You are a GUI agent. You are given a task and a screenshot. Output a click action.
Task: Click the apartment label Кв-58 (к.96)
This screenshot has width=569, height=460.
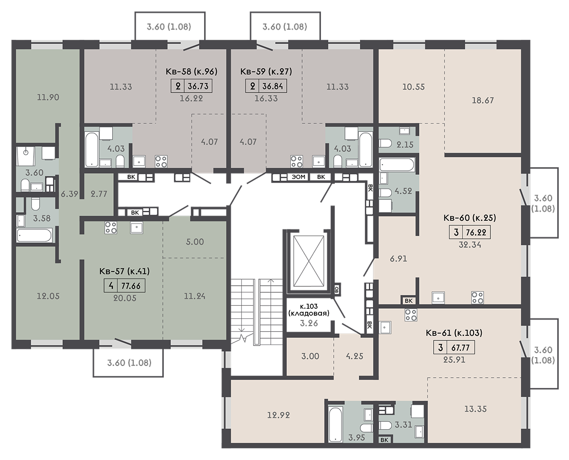(x=191, y=72)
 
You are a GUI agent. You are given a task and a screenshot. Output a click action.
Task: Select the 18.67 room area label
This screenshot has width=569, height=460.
(x=483, y=100)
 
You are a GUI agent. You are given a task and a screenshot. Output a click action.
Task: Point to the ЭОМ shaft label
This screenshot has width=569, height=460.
(x=299, y=177)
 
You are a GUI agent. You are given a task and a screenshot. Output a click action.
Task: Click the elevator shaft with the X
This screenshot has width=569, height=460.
(x=308, y=261)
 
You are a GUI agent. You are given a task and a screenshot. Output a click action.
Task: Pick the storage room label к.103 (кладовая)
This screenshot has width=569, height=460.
(x=309, y=310)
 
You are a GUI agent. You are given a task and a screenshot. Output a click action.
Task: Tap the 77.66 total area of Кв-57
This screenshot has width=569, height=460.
(x=131, y=286)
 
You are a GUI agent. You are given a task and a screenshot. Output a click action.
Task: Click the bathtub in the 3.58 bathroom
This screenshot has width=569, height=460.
(x=34, y=235)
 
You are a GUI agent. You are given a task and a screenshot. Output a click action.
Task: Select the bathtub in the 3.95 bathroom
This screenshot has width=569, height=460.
(x=335, y=423)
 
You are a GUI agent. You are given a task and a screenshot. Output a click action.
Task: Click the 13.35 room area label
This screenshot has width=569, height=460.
(x=476, y=409)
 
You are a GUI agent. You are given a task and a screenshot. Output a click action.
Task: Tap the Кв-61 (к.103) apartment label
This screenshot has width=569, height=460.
(x=454, y=333)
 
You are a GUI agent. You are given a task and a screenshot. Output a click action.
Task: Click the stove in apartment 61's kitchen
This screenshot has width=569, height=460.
(x=411, y=315)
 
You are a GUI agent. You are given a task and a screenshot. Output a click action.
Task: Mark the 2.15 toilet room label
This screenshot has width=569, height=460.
(x=405, y=145)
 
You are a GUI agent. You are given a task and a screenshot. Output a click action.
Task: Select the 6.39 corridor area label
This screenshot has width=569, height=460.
(x=69, y=194)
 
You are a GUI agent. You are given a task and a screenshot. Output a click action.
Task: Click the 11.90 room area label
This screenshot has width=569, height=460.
(x=48, y=98)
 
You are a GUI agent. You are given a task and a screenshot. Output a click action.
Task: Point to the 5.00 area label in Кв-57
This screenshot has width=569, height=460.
(x=195, y=242)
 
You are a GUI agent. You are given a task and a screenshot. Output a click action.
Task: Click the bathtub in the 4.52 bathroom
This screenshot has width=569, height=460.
(x=397, y=165)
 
